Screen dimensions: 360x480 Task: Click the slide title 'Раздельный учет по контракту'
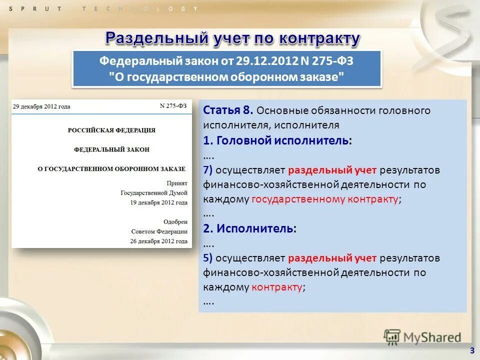(232, 38)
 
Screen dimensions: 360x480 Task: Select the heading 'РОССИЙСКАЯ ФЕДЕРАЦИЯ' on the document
(111, 130)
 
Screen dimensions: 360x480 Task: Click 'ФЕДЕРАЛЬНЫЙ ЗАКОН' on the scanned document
(111, 149)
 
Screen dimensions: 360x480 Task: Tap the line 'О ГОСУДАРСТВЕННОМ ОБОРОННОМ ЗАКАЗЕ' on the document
(111, 169)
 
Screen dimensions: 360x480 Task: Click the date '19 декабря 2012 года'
(159, 202)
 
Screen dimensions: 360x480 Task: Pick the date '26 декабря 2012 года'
(159, 241)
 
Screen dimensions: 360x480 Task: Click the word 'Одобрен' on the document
(175, 221)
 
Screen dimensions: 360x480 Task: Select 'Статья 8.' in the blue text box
(228, 110)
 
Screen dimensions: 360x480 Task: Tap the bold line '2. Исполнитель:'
(249, 228)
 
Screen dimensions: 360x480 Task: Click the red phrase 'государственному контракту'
(325, 199)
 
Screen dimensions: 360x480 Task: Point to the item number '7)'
(208, 170)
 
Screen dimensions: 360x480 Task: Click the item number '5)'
(208, 258)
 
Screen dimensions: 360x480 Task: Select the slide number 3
(471, 350)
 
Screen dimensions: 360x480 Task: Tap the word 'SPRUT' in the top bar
(35, 9)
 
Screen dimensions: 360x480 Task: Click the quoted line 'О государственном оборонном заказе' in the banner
(227, 77)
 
